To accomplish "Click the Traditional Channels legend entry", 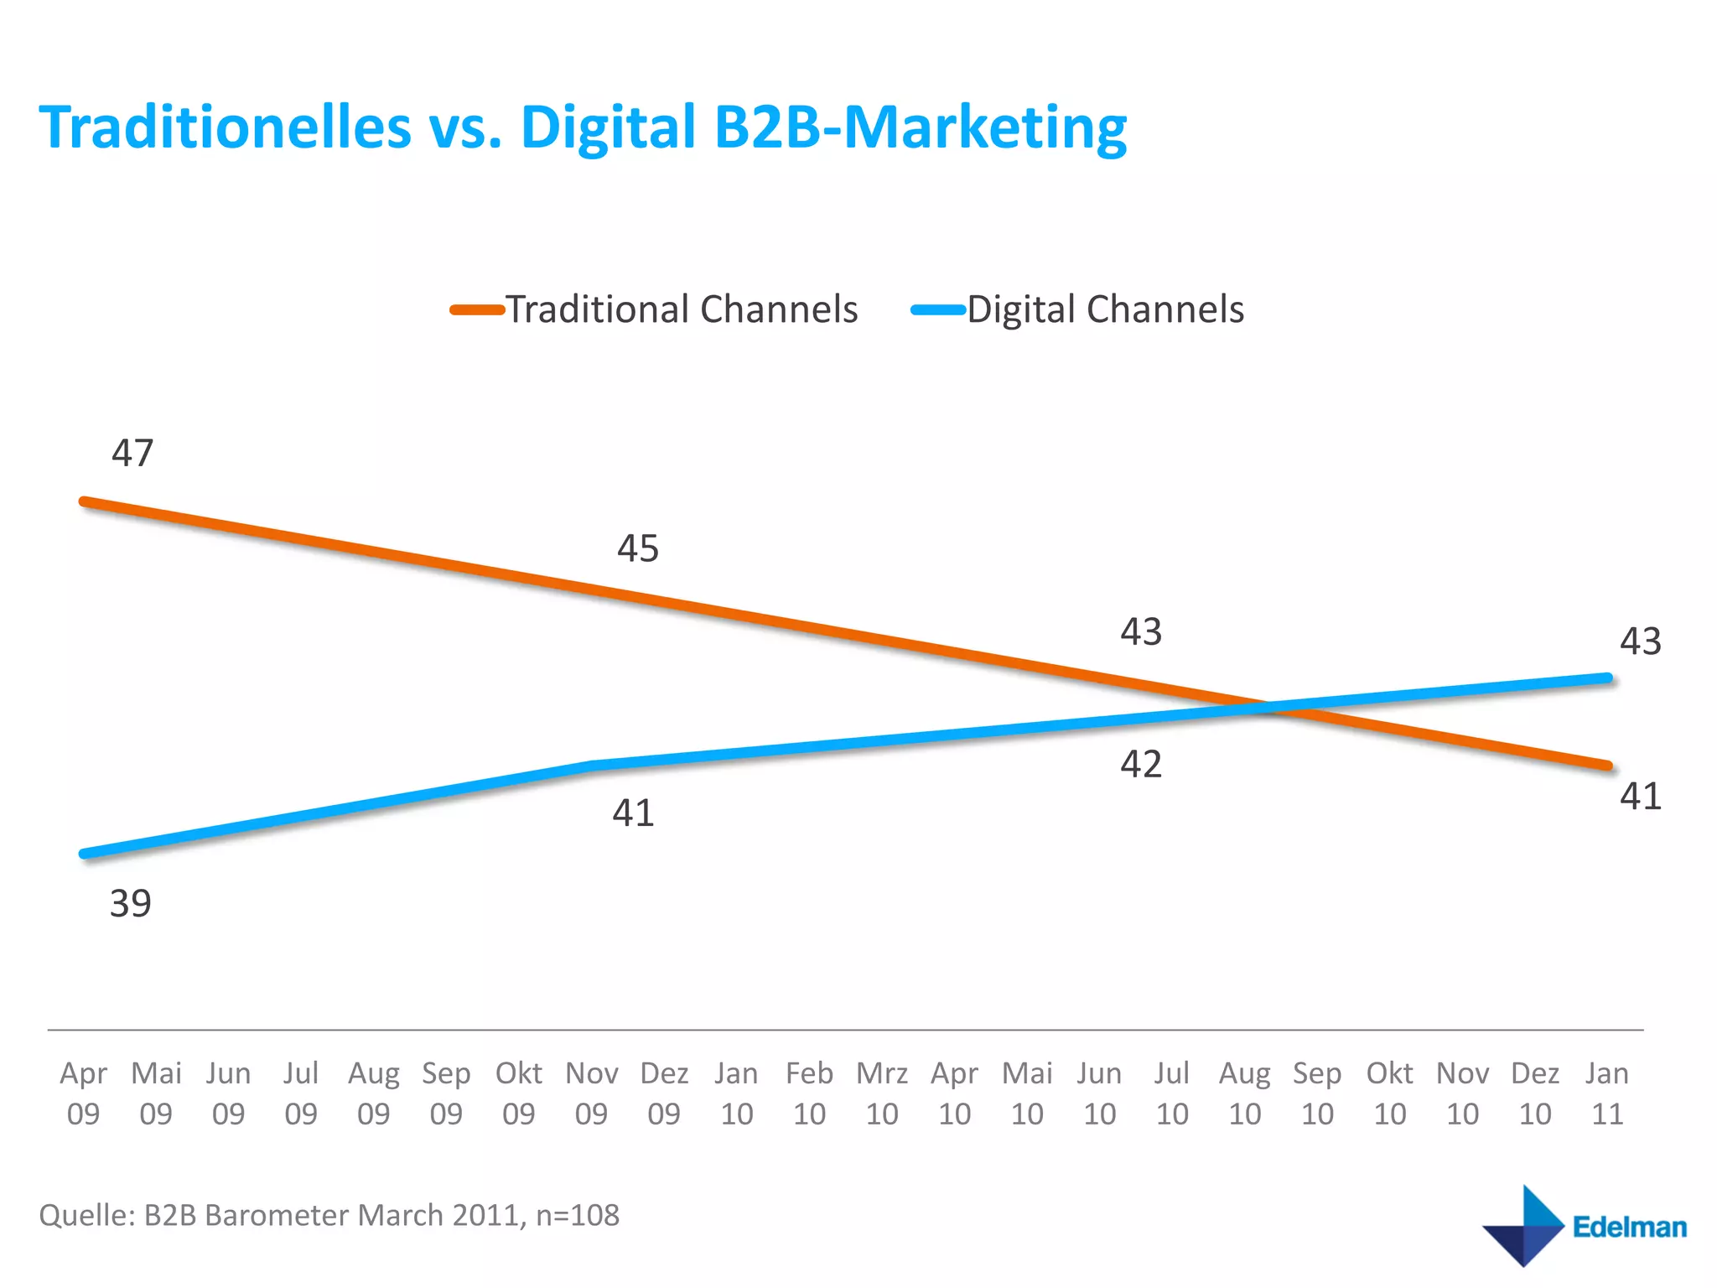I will click(x=655, y=309).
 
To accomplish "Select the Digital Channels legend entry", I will click(x=1078, y=309).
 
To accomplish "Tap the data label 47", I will click(x=132, y=454).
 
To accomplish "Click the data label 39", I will click(x=131, y=904).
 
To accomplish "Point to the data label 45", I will click(x=638, y=549).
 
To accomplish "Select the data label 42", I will click(x=1141, y=765).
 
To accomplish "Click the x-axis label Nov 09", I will click(x=591, y=1093).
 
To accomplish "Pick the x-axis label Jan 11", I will click(x=1607, y=1093).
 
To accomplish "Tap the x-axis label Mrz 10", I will click(x=882, y=1093).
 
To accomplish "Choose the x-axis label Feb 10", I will click(x=809, y=1093).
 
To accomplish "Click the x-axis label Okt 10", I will click(x=1390, y=1093).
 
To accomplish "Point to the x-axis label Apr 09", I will click(x=83, y=1093).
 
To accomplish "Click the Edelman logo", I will click(x=1584, y=1226).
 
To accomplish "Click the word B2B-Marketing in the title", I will click(x=920, y=127).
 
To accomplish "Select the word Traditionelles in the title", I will click(x=226, y=127).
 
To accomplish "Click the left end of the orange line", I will click(x=84, y=501).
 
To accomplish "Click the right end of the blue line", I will click(x=1607, y=678).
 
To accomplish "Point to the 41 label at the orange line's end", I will click(x=1640, y=797).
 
